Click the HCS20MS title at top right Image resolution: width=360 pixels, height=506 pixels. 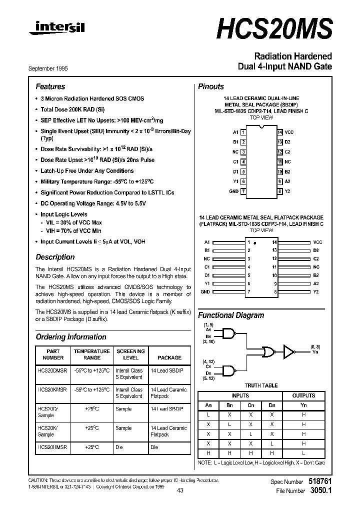(x=274, y=29)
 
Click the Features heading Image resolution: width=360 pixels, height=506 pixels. (x=50, y=86)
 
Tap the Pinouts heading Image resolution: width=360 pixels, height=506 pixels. (x=211, y=86)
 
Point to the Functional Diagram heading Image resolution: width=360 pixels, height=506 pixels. (x=231, y=315)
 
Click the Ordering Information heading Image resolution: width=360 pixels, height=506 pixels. (x=71, y=337)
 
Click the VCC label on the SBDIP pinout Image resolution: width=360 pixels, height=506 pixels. (x=289, y=132)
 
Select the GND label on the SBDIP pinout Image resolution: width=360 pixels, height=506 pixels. (x=233, y=191)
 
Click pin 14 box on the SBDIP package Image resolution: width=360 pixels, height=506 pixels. (x=280, y=132)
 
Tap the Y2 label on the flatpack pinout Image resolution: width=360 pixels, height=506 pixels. (x=315, y=291)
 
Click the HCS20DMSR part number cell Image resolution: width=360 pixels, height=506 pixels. (x=52, y=370)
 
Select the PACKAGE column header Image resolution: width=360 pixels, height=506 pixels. (x=169, y=357)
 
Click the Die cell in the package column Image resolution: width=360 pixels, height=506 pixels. (x=154, y=447)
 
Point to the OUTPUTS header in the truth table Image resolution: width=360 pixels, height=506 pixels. (x=303, y=395)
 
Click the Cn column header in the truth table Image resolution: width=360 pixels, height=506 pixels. (x=251, y=405)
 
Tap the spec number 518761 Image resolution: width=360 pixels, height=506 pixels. (x=319, y=481)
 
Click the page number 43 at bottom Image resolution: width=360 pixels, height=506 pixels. (x=180, y=490)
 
